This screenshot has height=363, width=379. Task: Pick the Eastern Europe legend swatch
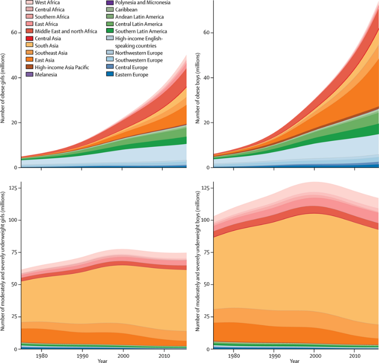(109, 74)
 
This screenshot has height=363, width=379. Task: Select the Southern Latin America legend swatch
(109, 31)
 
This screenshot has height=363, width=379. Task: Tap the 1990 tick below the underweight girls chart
(82, 355)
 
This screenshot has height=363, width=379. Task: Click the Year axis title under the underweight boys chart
(294, 360)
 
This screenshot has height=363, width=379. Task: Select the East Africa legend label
(47, 24)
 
